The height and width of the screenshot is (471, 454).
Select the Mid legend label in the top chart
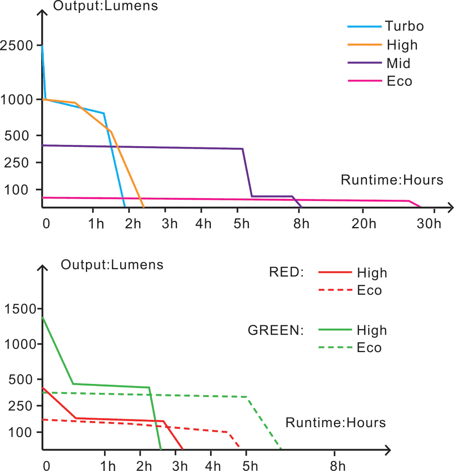click(398, 63)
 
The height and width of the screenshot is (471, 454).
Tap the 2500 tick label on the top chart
click(17, 45)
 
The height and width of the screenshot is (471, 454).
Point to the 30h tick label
click(429, 224)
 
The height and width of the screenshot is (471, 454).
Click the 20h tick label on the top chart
click(364, 224)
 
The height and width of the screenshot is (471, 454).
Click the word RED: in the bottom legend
click(286, 272)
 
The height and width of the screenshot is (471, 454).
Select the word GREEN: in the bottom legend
click(275, 330)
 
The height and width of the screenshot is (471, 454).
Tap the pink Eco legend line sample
click(364, 80)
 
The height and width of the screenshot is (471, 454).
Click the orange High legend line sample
click(364, 44)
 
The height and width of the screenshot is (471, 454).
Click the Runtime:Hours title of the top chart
click(392, 180)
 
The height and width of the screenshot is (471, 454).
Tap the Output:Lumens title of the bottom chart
click(112, 265)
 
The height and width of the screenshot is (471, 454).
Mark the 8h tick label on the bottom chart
click(337, 466)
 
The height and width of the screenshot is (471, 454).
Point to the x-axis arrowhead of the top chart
click(450, 207)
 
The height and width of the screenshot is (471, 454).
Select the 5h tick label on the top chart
click(241, 224)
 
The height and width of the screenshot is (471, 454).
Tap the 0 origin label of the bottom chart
click(47, 466)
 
